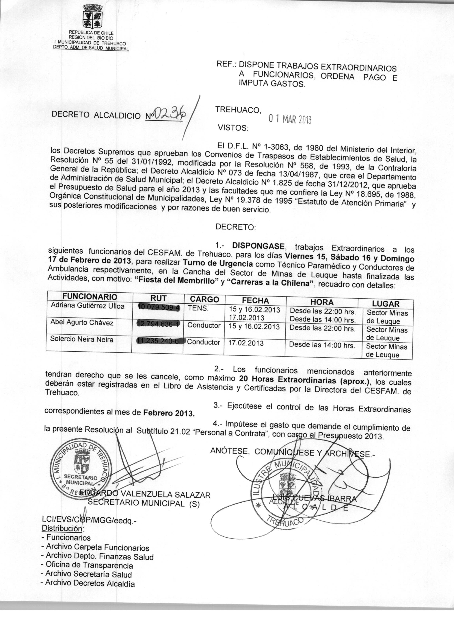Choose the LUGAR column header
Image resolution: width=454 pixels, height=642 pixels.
[x=386, y=304]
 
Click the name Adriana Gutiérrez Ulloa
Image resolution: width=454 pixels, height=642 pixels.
[x=88, y=306]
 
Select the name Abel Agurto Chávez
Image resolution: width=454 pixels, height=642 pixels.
[x=82, y=322]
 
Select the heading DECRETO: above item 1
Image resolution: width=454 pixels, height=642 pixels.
[x=236, y=227]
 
